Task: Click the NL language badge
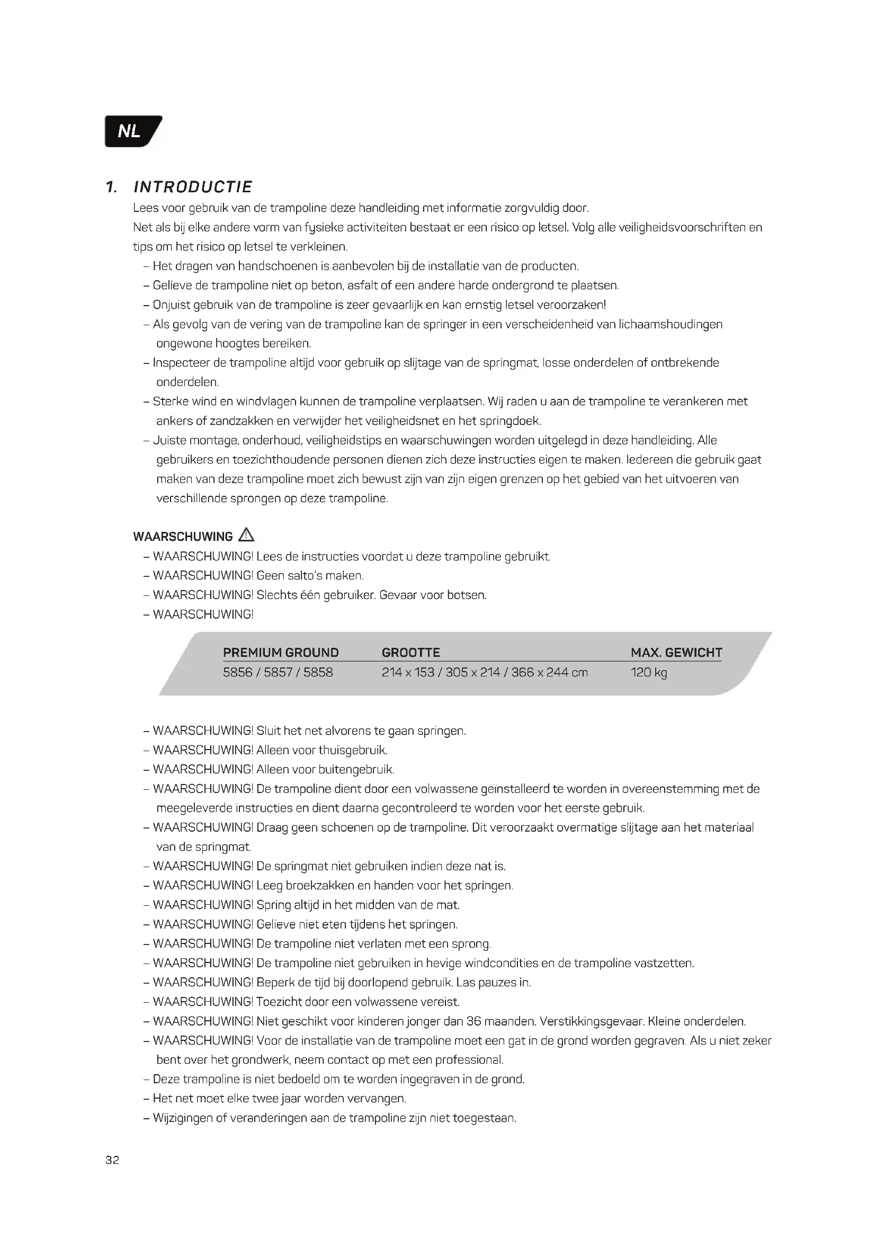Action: click(131, 131)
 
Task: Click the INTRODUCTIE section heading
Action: click(193, 186)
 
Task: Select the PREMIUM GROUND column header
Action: click(281, 653)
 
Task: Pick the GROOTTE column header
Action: click(410, 653)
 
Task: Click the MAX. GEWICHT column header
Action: click(676, 653)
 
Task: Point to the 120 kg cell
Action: click(648, 672)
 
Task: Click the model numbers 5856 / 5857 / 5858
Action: click(278, 672)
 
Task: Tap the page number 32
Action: click(112, 1160)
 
